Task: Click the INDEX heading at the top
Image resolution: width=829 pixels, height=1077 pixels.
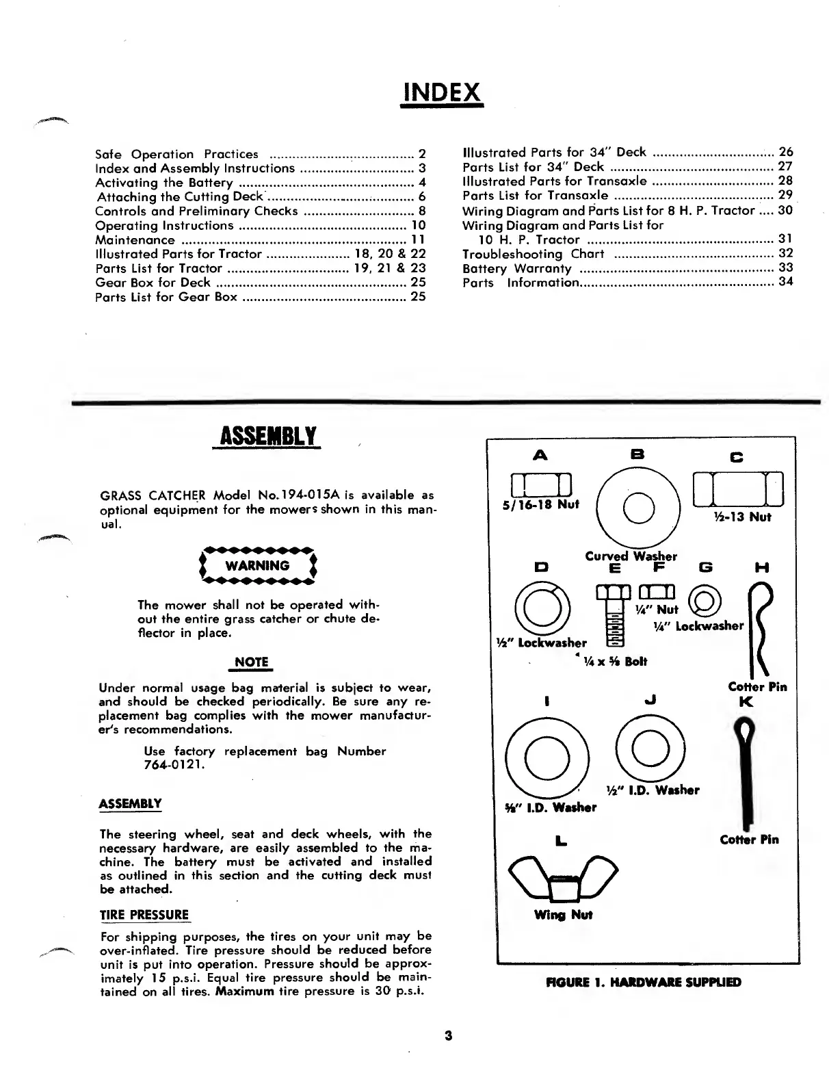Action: [442, 92]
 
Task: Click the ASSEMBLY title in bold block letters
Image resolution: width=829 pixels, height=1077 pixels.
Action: [267, 436]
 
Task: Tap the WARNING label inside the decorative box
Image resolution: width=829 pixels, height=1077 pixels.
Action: [257, 566]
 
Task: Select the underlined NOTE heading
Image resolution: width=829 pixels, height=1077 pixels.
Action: [251, 662]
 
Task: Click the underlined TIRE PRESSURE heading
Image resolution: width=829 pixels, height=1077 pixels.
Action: [144, 915]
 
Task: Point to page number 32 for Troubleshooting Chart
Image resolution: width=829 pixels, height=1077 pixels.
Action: [786, 254]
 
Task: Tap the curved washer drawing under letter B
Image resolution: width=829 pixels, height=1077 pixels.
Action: [638, 506]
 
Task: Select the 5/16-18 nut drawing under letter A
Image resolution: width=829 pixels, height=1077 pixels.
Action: [541, 484]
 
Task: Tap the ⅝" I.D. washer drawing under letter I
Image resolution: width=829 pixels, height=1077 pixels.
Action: [547, 757]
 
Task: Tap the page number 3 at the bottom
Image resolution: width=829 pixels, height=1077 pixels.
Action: [448, 1035]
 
